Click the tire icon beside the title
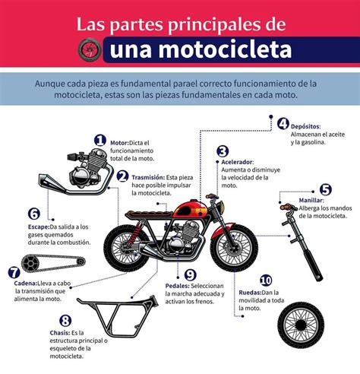point(90,49)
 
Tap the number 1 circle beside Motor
point(100,140)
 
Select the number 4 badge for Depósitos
point(283,124)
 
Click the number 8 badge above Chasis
point(65,321)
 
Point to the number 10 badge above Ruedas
point(266,280)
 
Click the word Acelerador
point(237,162)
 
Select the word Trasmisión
point(148,177)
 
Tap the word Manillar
point(311,200)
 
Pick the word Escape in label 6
point(39,227)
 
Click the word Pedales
point(177,286)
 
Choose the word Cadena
point(25,284)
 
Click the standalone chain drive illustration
point(53,263)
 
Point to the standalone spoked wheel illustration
point(301,325)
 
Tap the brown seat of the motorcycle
point(150,215)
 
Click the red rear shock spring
point(135,233)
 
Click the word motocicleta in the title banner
point(201,49)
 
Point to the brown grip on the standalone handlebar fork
point(286,207)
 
